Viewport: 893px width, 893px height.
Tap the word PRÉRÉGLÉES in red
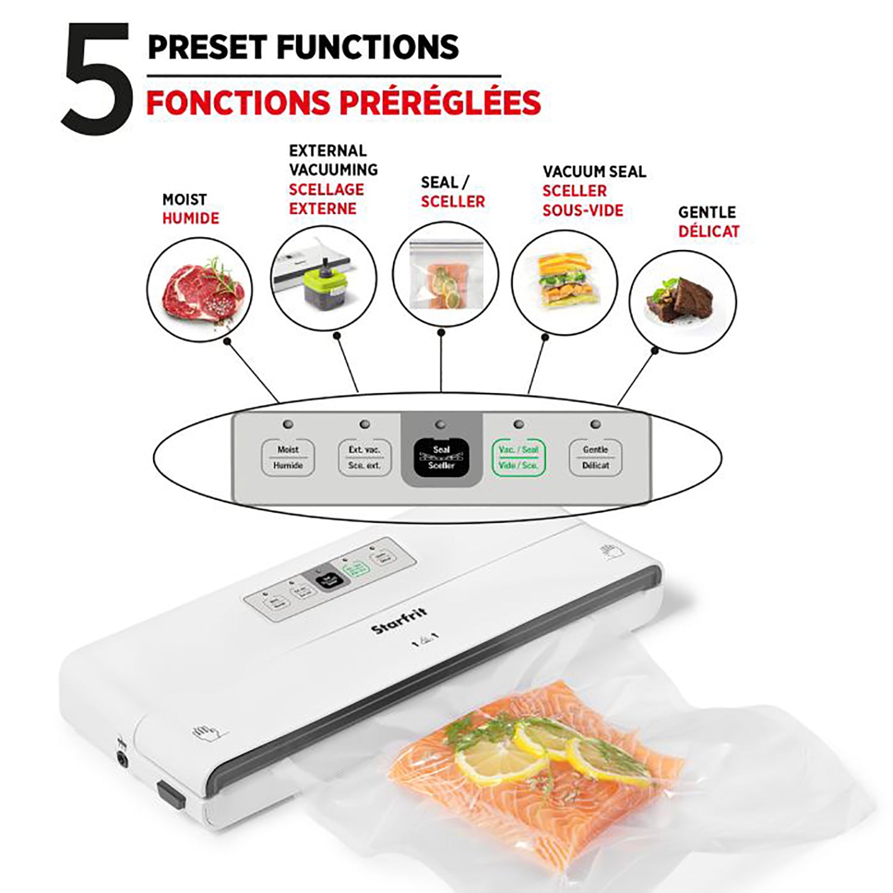tap(441, 102)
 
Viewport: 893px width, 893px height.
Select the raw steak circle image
tap(199, 289)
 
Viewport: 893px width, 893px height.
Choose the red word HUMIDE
tap(191, 218)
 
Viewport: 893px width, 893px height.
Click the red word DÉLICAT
tap(708, 232)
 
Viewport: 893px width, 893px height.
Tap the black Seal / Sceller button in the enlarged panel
tap(441, 457)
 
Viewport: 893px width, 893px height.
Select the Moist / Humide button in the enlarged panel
tap(288, 457)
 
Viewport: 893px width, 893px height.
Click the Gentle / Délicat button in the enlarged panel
tap(595, 457)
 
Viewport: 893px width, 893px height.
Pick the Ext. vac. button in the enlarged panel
tap(364, 457)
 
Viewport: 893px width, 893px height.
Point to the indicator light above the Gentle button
tap(595, 424)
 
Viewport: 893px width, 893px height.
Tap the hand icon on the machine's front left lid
tap(202, 731)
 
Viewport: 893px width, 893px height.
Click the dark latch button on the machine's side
tap(170, 794)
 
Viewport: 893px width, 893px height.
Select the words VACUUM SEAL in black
tap(594, 171)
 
